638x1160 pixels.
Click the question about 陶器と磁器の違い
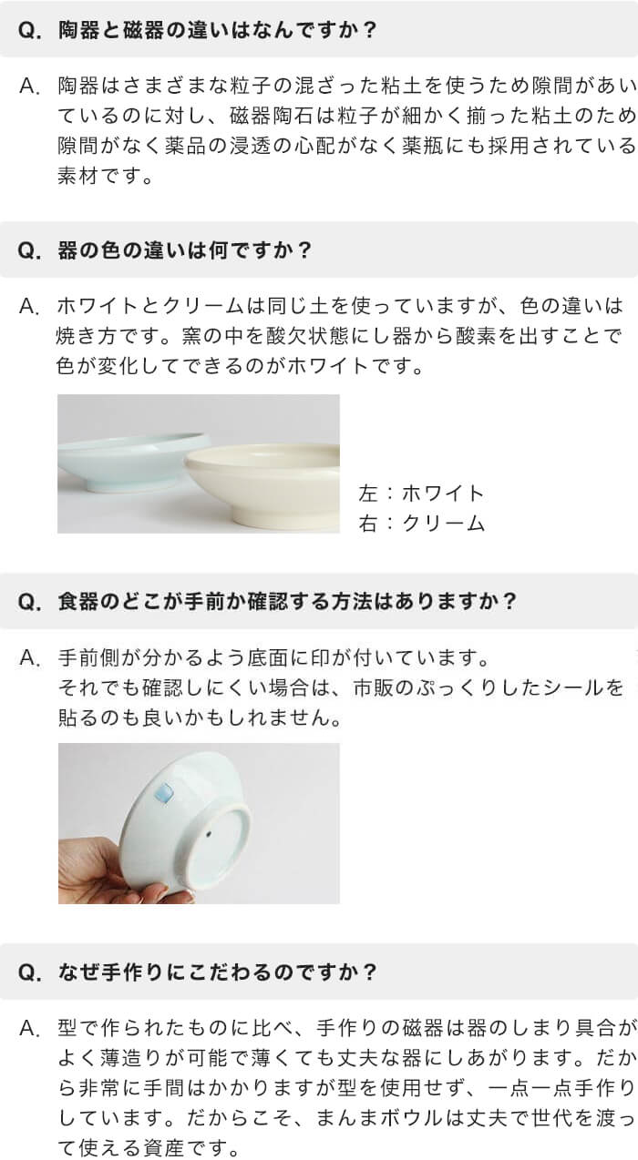[x=217, y=29]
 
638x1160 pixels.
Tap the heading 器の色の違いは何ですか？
[x=184, y=250]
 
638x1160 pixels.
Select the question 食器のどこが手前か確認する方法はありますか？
[x=287, y=601]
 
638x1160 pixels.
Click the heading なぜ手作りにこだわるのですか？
[x=217, y=972]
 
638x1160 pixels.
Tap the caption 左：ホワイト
[x=421, y=493]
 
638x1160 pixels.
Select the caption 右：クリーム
[x=421, y=523]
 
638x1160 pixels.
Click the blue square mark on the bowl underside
[x=165, y=793]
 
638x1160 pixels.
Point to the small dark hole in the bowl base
[x=210, y=834]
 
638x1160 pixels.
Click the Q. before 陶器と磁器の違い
[x=29, y=30]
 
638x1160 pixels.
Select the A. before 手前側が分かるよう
[x=29, y=658]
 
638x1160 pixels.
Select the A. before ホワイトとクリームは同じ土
[x=29, y=306]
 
